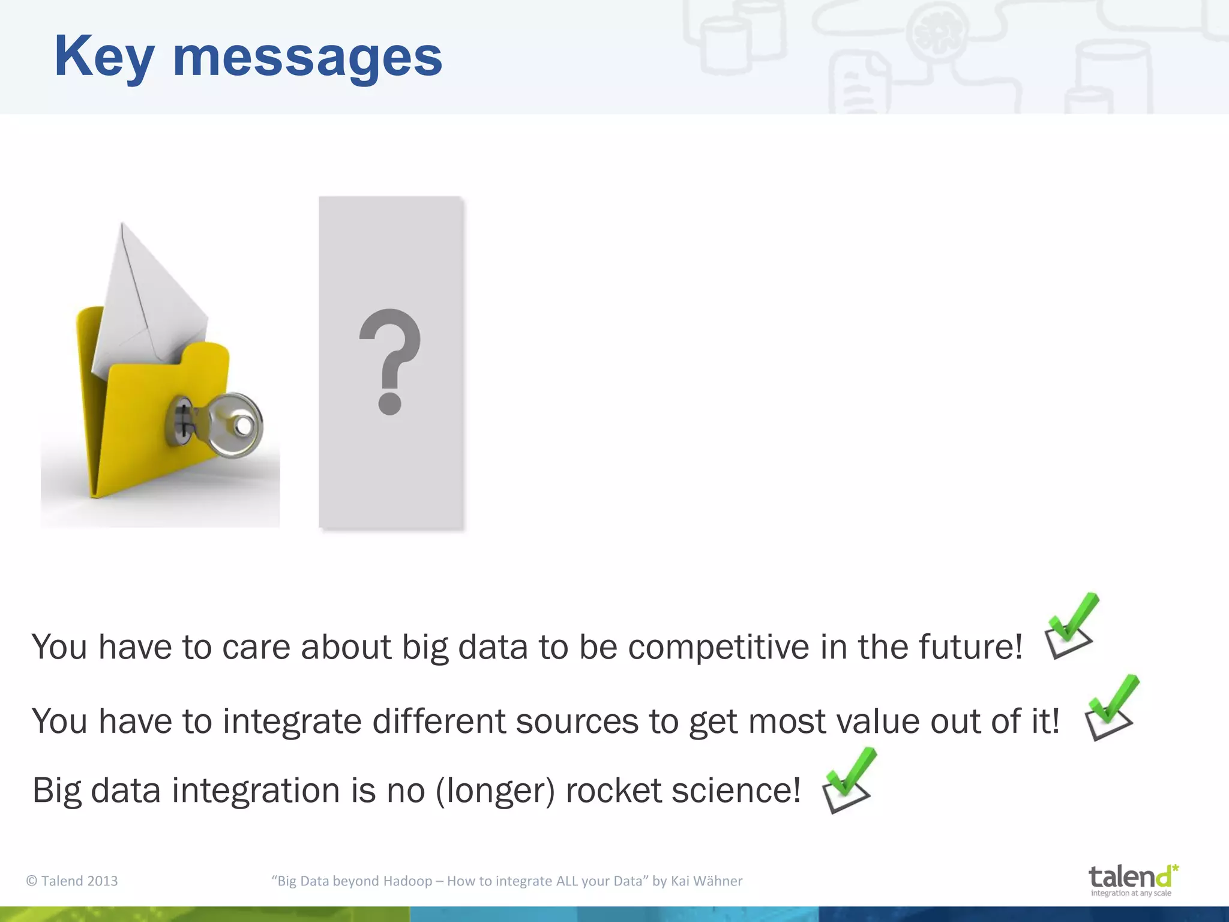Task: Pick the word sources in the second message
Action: tap(577, 721)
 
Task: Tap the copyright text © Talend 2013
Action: tap(72, 881)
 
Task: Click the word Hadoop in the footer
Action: tap(407, 881)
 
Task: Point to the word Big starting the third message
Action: tap(56, 791)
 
